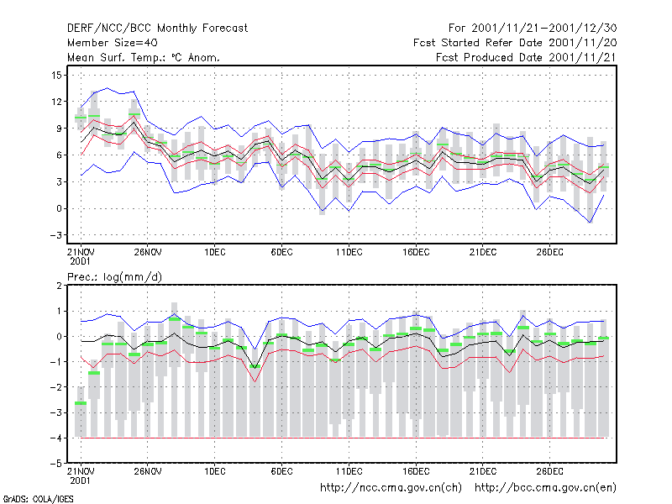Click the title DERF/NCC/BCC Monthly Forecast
pyautogui.click(x=157, y=29)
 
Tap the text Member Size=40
pyautogui.click(x=113, y=43)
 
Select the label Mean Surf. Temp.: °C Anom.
pyautogui.click(x=144, y=57)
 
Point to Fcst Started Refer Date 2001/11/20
pyautogui.click(x=515, y=43)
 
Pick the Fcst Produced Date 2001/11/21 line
pyautogui.click(x=527, y=57)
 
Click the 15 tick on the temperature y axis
pyautogui.click(x=56, y=76)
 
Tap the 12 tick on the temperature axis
pyautogui.click(x=56, y=102)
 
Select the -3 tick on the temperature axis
pyautogui.click(x=55, y=235)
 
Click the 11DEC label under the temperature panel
pyautogui.click(x=349, y=252)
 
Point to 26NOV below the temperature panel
pyautogui.click(x=148, y=252)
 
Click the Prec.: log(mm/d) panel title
pyautogui.click(x=114, y=277)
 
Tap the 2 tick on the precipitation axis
pyautogui.click(x=59, y=286)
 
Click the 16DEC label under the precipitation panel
pyautogui.click(x=416, y=471)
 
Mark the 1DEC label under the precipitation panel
pyautogui.click(x=215, y=471)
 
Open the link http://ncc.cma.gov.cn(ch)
pyautogui.click(x=391, y=488)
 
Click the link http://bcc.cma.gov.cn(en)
pyautogui.click(x=545, y=488)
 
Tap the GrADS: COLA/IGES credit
pyautogui.click(x=38, y=499)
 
